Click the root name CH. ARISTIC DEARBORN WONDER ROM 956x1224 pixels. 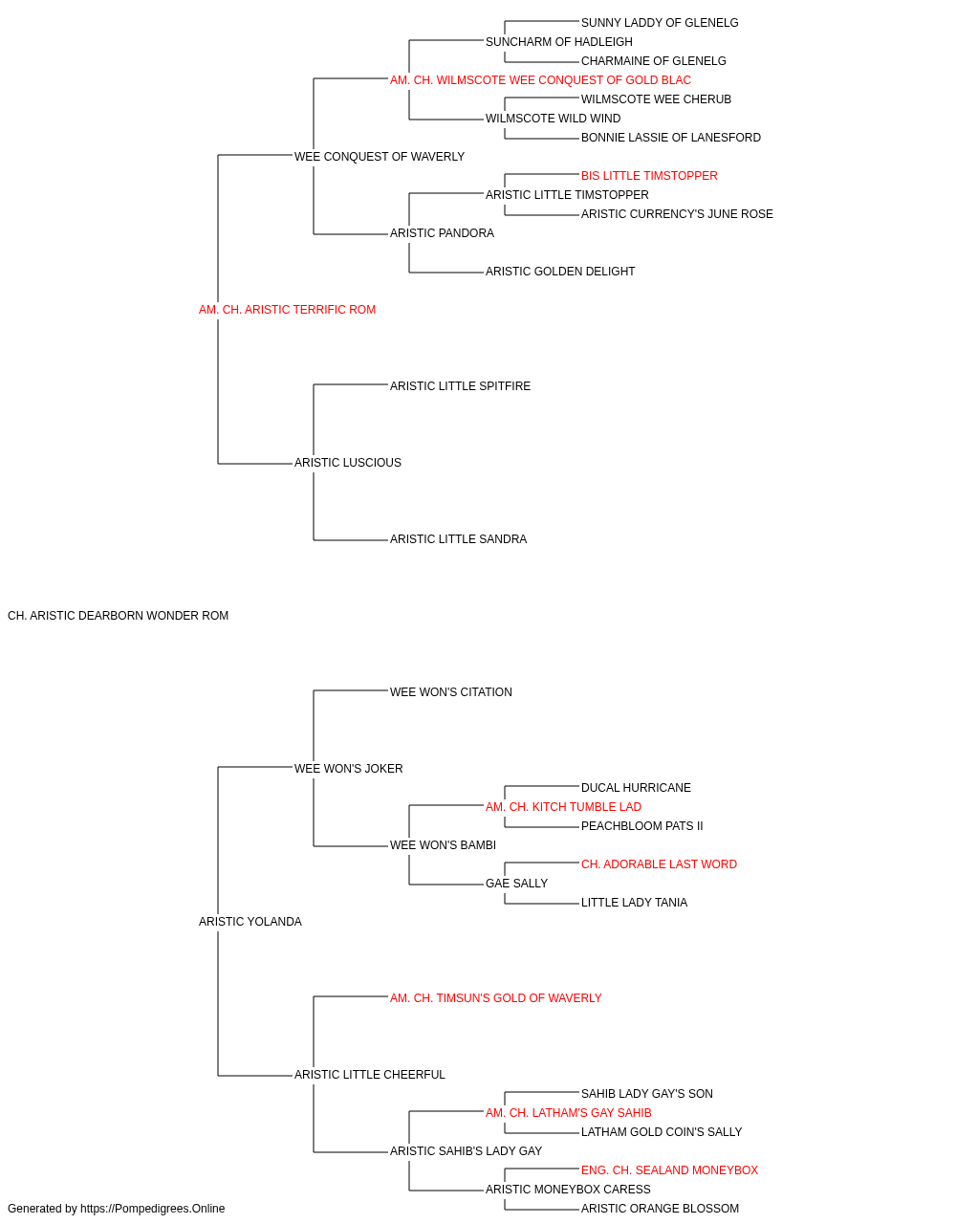pyautogui.click(x=119, y=616)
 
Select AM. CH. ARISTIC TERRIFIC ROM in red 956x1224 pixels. pyautogui.click(x=287, y=310)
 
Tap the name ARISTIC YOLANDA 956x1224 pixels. pyautogui.click(x=250, y=922)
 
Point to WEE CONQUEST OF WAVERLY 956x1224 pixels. pyautogui.click(x=380, y=157)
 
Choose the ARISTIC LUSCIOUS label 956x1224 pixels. pyautogui.click(x=348, y=463)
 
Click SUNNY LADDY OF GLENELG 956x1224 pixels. pyautogui.click(x=660, y=23)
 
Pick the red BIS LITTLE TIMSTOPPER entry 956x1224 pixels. pyautogui.click(x=649, y=176)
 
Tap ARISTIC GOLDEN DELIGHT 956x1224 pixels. pyautogui.click(x=560, y=272)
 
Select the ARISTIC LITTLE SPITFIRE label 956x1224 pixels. pyautogui.click(x=460, y=385)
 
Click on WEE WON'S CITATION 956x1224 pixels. pyautogui.click(x=451, y=692)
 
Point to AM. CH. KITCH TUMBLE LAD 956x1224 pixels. pyautogui.click(x=564, y=807)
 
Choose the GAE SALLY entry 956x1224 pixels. pyautogui.click(x=517, y=884)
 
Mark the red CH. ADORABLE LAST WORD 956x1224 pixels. pyautogui.click(x=659, y=864)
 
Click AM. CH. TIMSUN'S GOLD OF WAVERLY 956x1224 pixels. pyautogui.click(x=496, y=998)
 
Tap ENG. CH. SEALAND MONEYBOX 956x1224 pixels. pyautogui.click(x=669, y=1170)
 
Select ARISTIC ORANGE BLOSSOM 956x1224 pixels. pyautogui.click(x=660, y=1209)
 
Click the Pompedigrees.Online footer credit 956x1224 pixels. pyautogui.click(x=116, y=1209)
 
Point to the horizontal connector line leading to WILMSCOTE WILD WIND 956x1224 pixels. pyautogui.click(x=445, y=120)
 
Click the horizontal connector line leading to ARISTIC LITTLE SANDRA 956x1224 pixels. pyautogui.click(x=351, y=540)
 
